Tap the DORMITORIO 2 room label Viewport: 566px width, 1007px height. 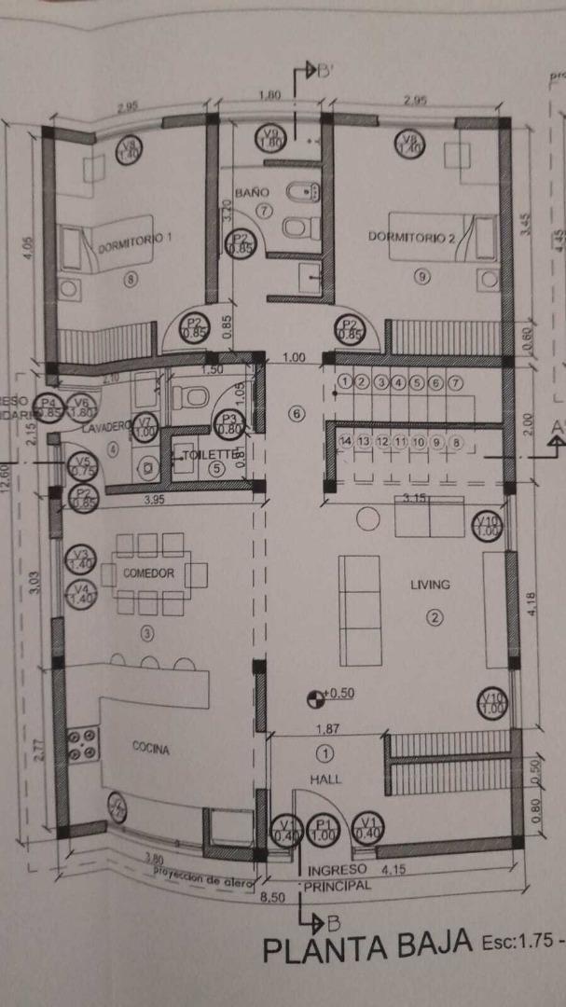411,237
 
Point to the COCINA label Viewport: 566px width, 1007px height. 150,748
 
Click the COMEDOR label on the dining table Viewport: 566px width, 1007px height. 149,573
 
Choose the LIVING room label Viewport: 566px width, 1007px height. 430,585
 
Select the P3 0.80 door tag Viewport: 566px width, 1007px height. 228,424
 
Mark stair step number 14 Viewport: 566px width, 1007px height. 346,441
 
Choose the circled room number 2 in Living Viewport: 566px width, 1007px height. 434,614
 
